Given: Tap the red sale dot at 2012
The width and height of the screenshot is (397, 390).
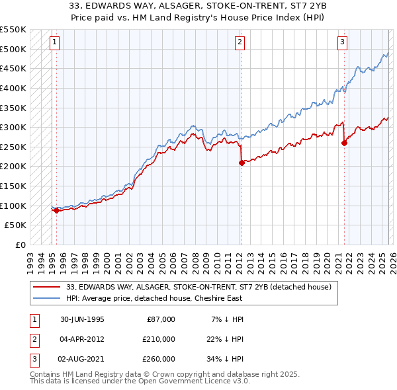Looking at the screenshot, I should pyautogui.click(x=241, y=163).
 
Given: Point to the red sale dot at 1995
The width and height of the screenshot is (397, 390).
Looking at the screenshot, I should pyautogui.click(x=56, y=211).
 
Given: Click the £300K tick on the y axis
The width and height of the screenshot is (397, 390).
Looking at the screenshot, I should pyautogui.click(x=13, y=127).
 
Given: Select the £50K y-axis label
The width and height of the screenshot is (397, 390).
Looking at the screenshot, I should pyautogui.click(x=16, y=225).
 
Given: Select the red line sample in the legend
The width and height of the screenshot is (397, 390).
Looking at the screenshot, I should pyautogui.click(x=47, y=286).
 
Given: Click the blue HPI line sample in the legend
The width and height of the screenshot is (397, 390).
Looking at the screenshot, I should pyautogui.click(x=47, y=297).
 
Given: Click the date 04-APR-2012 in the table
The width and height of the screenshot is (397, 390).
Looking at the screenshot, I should pyautogui.click(x=80, y=339).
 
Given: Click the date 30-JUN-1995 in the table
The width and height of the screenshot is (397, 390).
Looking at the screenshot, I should pyautogui.click(x=80, y=319).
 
